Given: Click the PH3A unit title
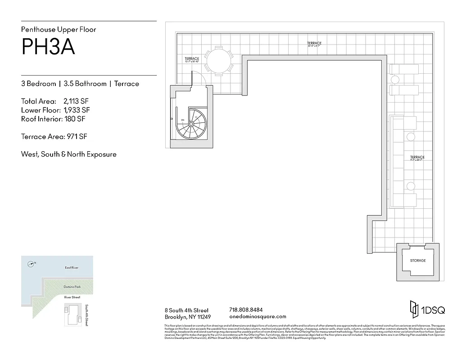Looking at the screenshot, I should pyautogui.click(x=48, y=47).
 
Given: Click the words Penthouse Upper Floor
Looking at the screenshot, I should pyautogui.click(x=59, y=30).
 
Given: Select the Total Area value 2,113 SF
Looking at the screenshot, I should pyautogui.click(x=76, y=101).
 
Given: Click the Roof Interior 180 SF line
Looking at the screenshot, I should pyautogui.click(x=53, y=119).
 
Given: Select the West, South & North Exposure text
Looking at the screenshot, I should pyautogui.click(x=68, y=154).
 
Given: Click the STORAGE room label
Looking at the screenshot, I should pyautogui.click(x=417, y=261).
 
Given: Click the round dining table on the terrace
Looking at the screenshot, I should pyautogui.click(x=219, y=60).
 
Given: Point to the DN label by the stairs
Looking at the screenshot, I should pyautogui.click(x=182, y=120).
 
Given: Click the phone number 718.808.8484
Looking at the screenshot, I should pyautogui.click(x=246, y=310).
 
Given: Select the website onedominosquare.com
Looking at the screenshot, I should pyautogui.click(x=258, y=317).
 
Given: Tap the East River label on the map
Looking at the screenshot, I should pyautogui.click(x=72, y=268).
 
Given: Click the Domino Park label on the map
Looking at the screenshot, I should pyautogui.click(x=72, y=286).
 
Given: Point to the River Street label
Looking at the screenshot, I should pyautogui.click(x=72, y=297).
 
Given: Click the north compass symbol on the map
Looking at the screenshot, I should pyautogui.click(x=31, y=264).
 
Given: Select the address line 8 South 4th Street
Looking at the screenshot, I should pyautogui.click(x=187, y=310).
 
